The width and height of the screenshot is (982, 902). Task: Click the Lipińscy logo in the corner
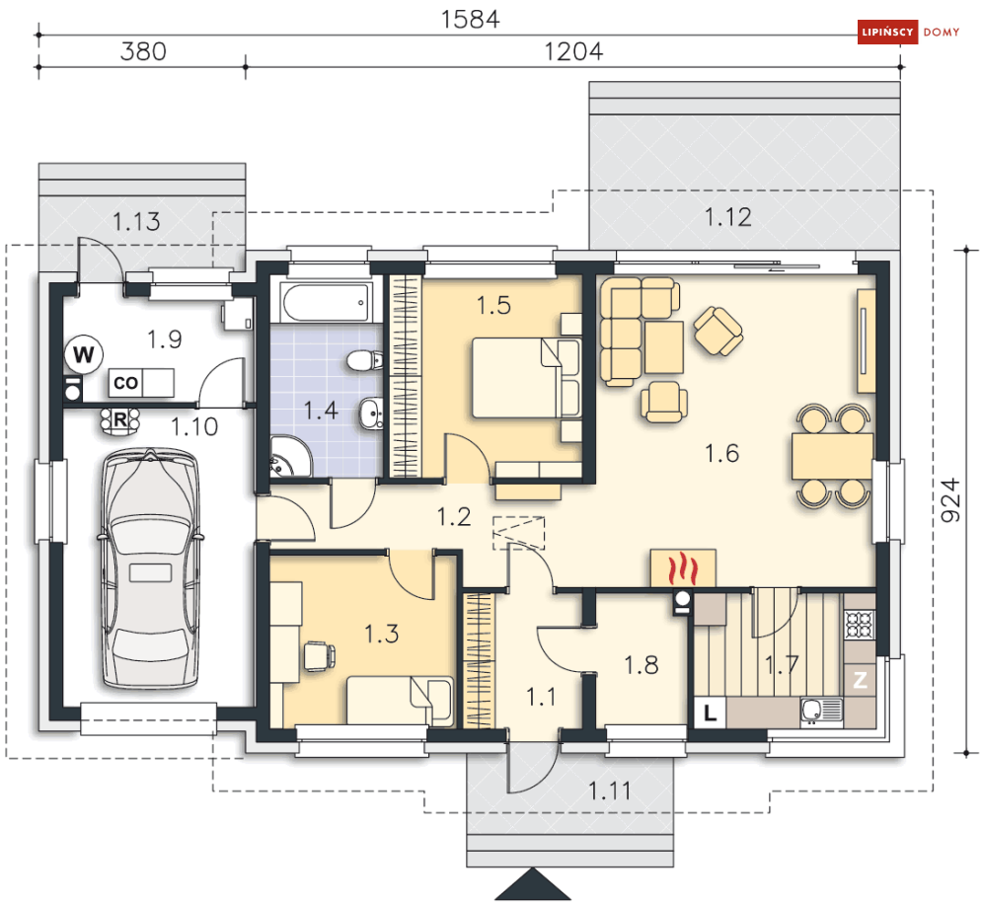tap(908, 32)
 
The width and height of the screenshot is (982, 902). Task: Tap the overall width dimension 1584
tap(471, 20)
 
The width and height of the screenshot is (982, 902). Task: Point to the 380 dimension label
tap(143, 51)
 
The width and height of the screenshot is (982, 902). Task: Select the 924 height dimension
tap(950, 500)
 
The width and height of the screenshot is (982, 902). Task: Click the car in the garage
tap(150, 568)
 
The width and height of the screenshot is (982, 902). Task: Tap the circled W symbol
tap(84, 354)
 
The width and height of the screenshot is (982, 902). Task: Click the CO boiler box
tap(126, 382)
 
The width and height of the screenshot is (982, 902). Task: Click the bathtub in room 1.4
tap(326, 303)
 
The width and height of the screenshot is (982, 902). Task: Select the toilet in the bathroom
tap(364, 361)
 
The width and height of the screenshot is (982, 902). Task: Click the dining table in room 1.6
tap(832, 456)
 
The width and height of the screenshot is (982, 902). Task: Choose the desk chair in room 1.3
tap(320, 656)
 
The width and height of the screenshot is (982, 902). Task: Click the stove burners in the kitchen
tap(859, 624)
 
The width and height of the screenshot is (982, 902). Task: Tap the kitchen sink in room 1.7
tap(821, 711)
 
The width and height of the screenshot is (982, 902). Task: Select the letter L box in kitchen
tap(710, 713)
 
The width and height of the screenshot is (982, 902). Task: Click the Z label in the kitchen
tap(860, 680)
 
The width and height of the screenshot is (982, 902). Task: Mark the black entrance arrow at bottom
tap(532, 884)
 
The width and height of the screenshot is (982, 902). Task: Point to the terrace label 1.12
tap(727, 217)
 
